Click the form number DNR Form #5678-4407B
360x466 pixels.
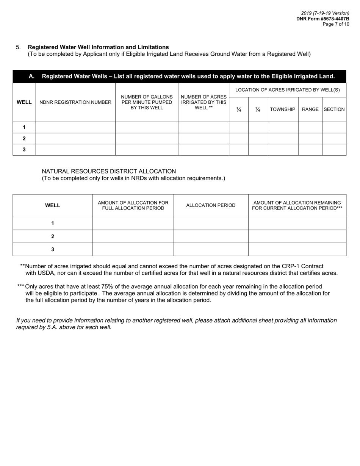(322, 19)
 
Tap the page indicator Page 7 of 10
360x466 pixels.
(336, 24)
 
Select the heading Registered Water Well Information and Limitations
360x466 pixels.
(98, 47)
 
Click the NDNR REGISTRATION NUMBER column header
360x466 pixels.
(75, 102)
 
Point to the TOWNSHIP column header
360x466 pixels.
(282, 109)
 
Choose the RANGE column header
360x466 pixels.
(310, 109)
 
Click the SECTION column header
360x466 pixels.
(334, 109)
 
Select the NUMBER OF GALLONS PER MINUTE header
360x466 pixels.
(147, 102)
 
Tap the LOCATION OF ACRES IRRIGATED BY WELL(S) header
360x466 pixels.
(287, 90)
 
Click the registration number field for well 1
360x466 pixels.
(75, 127)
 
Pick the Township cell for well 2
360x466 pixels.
(282, 139)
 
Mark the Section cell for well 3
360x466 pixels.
(334, 150)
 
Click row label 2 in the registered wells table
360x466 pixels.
(24, 139)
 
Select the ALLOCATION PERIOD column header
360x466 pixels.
(211, 205)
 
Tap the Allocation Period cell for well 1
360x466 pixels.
(211, 223)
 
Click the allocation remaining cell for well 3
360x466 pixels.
(297, 249)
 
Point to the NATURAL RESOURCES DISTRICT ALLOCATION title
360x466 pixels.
(109, 171)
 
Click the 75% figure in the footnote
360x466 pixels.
(107, 286)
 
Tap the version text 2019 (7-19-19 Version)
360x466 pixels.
(325, 13)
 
